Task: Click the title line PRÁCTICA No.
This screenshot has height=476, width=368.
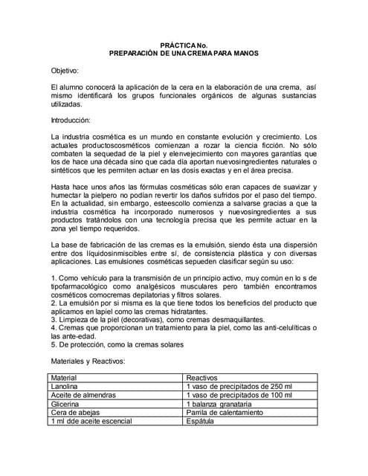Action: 184,45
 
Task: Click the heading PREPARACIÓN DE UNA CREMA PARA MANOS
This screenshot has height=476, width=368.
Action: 184,54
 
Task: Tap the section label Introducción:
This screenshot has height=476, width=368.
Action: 70,120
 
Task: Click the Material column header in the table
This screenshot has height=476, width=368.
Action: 64,378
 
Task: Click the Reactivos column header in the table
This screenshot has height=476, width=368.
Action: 203,378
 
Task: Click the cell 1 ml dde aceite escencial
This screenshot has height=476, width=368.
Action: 91,421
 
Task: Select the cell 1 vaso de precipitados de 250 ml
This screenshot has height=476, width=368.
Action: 239,387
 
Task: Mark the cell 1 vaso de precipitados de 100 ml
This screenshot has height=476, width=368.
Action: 239,395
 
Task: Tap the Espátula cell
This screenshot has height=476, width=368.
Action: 200,421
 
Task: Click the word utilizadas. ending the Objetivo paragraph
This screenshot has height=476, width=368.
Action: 67,106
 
